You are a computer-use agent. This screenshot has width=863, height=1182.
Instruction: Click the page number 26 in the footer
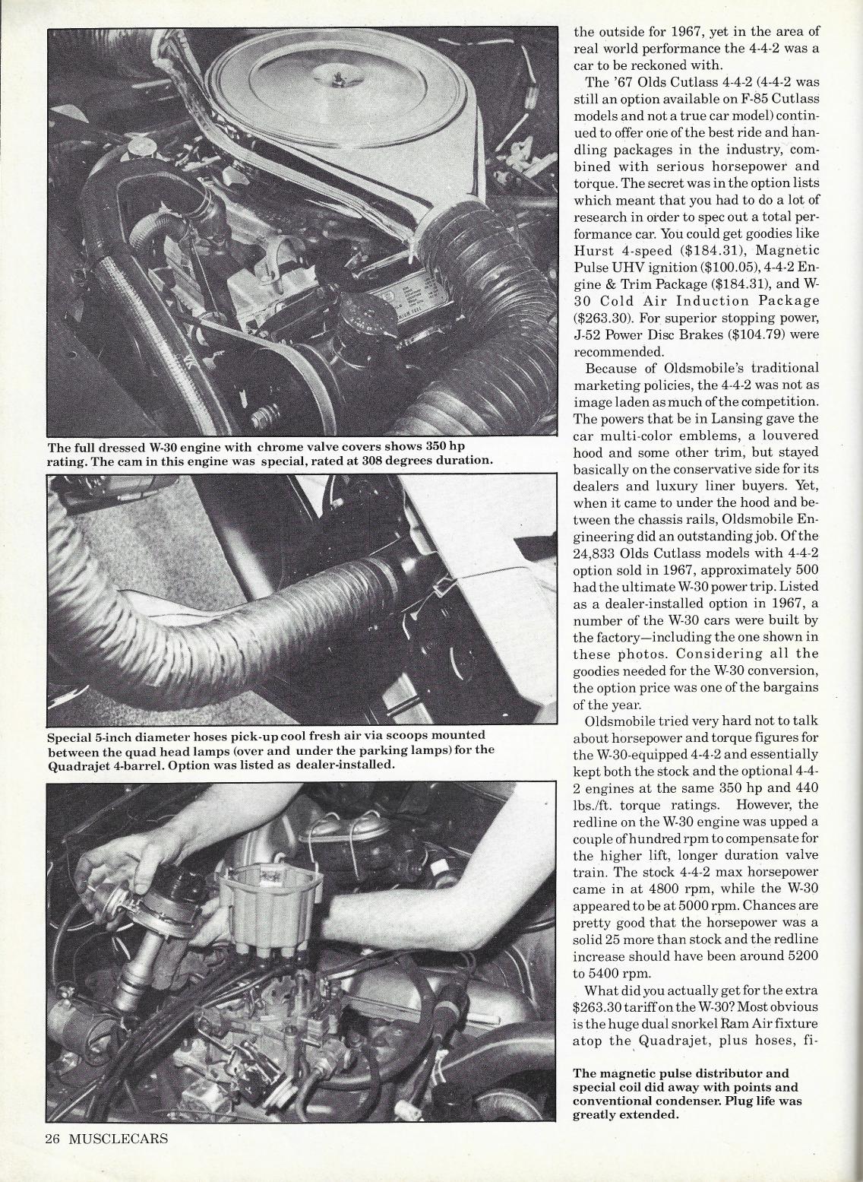click(x=52, y=1139)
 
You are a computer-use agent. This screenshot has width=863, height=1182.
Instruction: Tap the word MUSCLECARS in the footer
click(x=118, y=1139)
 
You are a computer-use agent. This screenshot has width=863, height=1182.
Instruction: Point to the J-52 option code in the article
click(x=590, y=335)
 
